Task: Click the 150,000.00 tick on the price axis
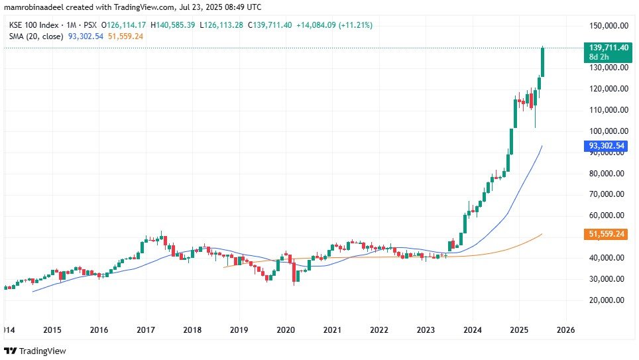607,25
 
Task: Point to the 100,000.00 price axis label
607,131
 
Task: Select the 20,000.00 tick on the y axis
607,300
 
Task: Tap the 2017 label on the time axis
146,330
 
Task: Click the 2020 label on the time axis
286,330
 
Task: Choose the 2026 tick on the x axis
565,330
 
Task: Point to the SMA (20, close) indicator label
36,36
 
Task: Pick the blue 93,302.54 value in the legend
86,36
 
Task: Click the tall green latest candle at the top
543,62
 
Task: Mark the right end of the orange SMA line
542,234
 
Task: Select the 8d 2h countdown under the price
599,58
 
